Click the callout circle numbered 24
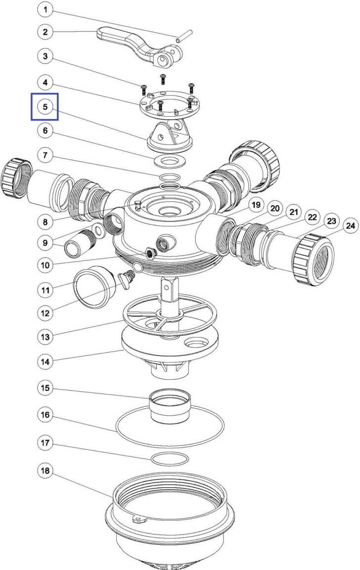pyautogui.click(x=350, y=226)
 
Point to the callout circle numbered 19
pyautogui.click(x=256, y=205)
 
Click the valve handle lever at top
pyautogui.click(x=140, y=47)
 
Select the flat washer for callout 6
pyautogui.click(x=170, y=160)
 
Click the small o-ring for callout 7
pyautogui.click(x=170, y=177)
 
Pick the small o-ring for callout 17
pyautogui.click(x=170, y=459)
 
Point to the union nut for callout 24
pyautogui.click(x=314, y=259)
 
